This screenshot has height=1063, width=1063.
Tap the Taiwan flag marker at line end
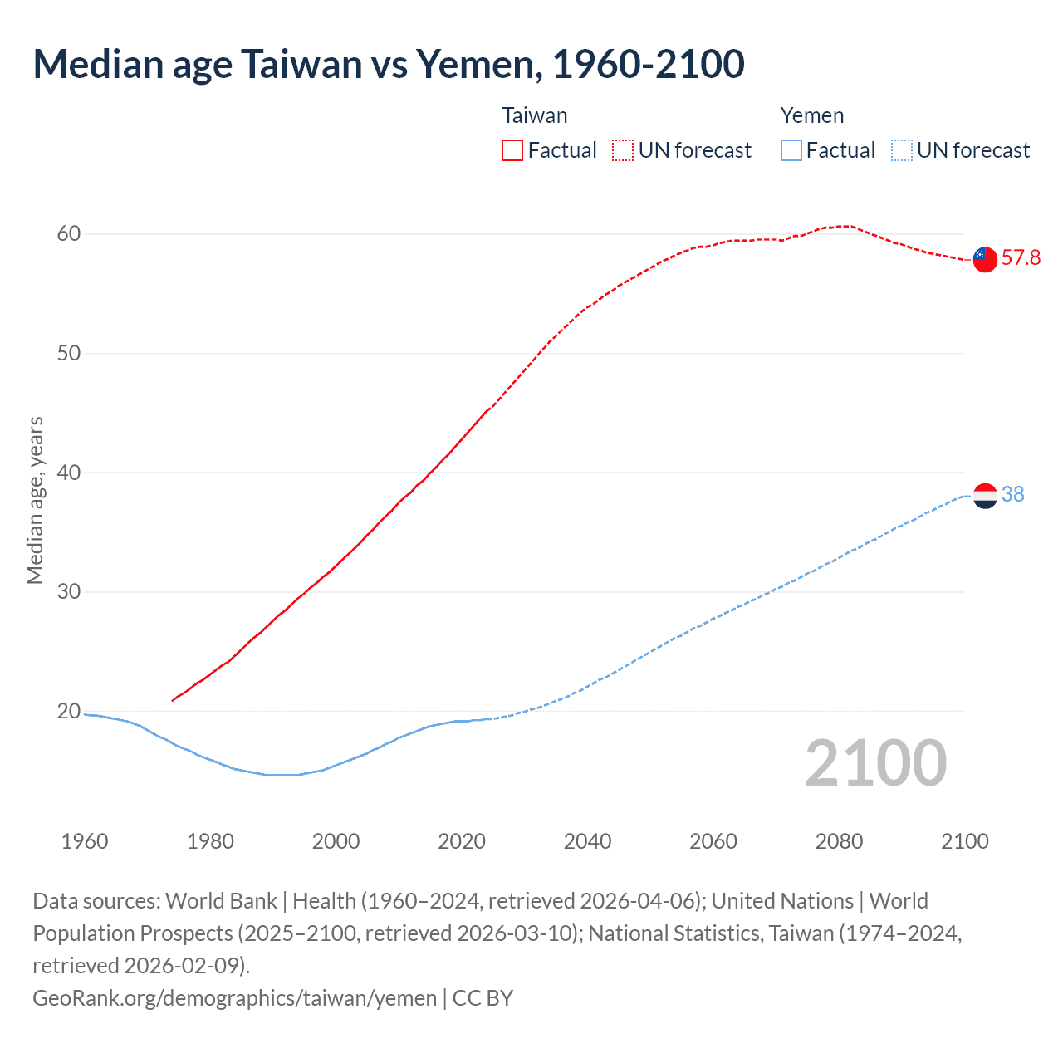click(985, 259)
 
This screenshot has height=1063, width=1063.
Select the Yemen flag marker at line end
click(985, 496)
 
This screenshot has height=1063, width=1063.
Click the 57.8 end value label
click(1021, 258)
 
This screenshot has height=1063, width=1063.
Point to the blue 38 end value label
click(1013, 495)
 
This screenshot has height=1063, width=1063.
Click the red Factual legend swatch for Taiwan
click(512, 150)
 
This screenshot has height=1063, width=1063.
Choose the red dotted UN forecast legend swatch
click(623, 150)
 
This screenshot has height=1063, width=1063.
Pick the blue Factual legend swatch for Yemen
click(791, 150)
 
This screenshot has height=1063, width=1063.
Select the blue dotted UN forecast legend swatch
click(902, 150)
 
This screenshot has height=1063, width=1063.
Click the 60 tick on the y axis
click(69, 234)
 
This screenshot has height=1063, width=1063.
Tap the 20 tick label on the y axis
click(69, 712)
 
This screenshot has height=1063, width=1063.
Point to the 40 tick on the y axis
click(69, 473)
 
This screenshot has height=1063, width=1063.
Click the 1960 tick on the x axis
click(85, 841)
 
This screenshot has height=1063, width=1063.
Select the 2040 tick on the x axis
click(587, 841)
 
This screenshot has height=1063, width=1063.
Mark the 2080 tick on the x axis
click(839, 841)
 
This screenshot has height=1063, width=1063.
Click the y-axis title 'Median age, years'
click(36, 501)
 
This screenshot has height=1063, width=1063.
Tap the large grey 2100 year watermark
click(875, 763)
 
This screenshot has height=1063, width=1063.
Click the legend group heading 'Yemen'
click(811, 115)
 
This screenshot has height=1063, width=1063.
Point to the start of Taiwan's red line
click(173, 700)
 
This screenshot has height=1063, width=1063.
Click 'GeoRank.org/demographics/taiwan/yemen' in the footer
click(234, 997)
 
